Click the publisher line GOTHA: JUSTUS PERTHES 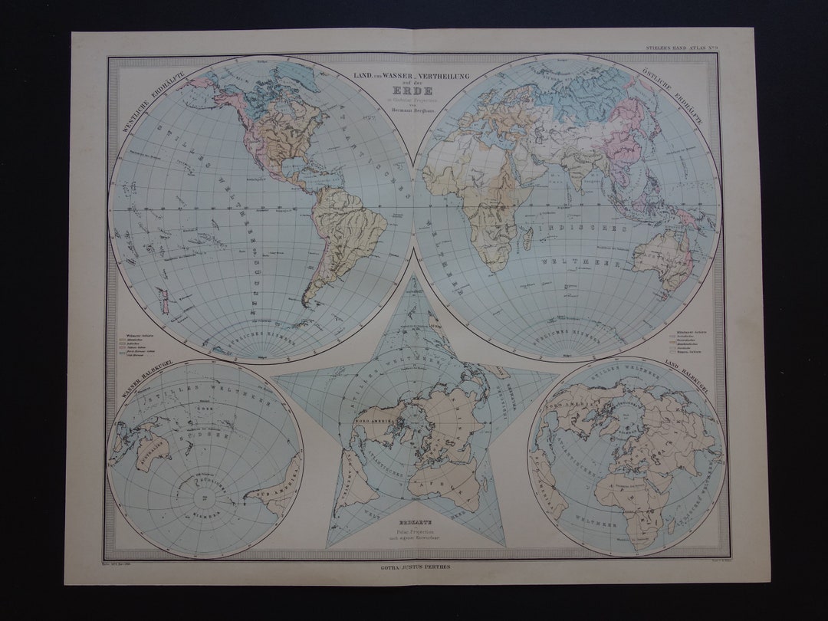(x=414, y=568)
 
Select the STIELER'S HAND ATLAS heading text (x=678, y=49)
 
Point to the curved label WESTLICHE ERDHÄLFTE (x=140, y=105)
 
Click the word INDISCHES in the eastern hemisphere (x=583, y=228)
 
